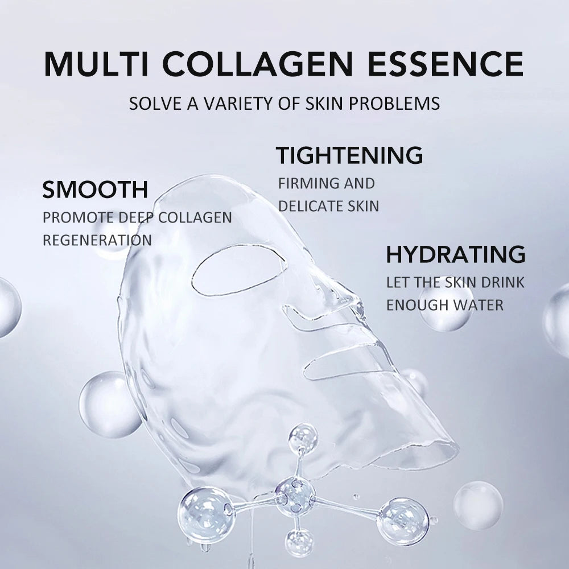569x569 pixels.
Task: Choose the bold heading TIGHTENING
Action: pyautogui.click(x=349, y=155)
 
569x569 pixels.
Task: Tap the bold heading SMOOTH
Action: pyautogui.click(x=95, y=189)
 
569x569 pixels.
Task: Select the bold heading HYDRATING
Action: pyautogui.click(x=455, y=254)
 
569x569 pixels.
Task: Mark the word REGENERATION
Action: pyautogui.click(x=97, y=240)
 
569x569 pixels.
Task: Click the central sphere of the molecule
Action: pyautogui.click(x=295, y=494)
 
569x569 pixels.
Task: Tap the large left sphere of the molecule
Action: pyautogui.click(x=206, y=514)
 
